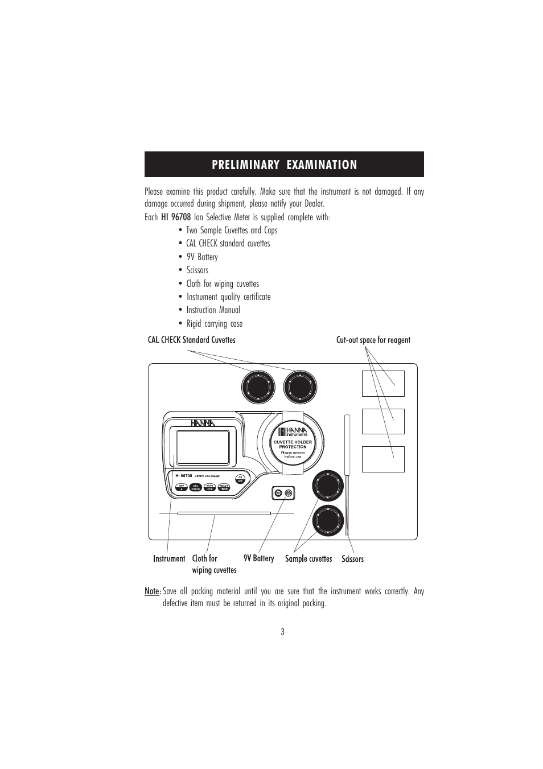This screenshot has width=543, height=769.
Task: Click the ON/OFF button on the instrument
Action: point(240,479)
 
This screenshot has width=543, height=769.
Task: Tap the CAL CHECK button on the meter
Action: point(195,487)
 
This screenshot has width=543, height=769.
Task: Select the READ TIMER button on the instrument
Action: point(224,487)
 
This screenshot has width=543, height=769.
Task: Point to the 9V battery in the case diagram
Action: point(283,493)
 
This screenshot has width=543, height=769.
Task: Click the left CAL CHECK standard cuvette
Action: point(258,388)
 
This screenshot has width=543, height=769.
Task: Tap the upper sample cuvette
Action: point(327,486)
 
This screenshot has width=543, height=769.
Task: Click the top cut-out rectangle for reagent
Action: point(383,384)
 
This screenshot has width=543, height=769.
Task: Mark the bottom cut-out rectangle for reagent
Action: point(383,459)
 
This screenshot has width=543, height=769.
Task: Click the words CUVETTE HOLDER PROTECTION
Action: point(293,445)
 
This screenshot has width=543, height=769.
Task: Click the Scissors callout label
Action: point(352,559)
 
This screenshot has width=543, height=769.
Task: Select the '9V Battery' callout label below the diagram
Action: point(258,558)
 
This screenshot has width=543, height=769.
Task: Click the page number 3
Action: point(282,632)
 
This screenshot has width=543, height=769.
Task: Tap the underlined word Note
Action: point(152,591)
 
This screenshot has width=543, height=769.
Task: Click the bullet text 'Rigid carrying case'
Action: point(214,323)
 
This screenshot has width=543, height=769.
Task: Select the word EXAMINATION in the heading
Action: point(322,165)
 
